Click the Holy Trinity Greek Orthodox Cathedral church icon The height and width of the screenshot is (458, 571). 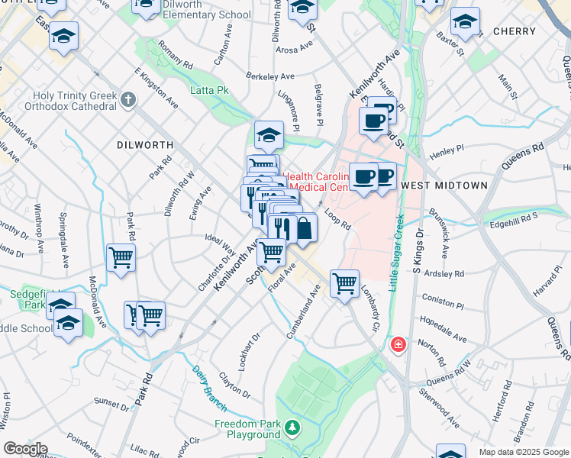(127, 99)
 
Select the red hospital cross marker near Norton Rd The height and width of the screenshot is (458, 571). (397, 346)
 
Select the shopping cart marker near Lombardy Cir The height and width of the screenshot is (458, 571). (344, 284)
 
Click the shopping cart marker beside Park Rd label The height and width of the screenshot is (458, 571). (121, 258)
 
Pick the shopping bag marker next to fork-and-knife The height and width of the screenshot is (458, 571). (304, 227)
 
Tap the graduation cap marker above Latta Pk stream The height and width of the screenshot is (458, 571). (269, 135)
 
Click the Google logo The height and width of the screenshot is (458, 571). (25, 449)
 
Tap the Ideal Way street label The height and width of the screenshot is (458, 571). (220, 244)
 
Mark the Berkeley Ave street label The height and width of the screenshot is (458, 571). (270, 76)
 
